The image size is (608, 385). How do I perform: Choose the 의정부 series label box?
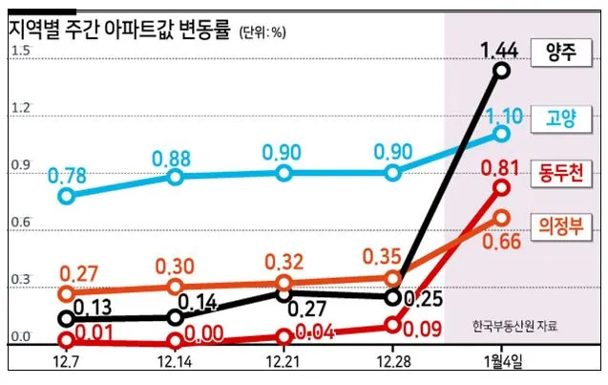click(560, 226)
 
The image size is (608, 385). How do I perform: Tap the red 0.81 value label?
click(501, 169)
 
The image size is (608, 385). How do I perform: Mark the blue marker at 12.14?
click(175, 178)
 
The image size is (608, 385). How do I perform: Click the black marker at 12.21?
click(283, 293)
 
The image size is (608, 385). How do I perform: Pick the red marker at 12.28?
click(392, 325)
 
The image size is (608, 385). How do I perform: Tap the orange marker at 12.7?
click(66, 294)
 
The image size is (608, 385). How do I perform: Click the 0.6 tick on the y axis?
click(20, 223)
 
